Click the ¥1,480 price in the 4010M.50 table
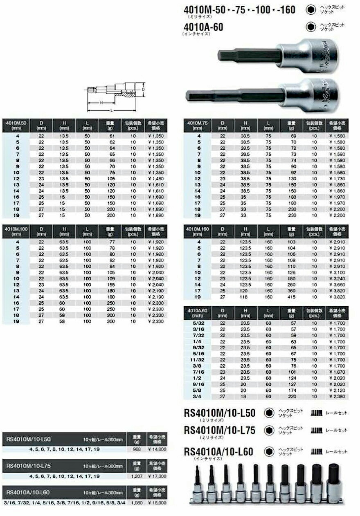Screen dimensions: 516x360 pos(155,178)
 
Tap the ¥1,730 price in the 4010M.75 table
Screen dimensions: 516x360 pos(337,178)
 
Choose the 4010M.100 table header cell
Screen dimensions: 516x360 pos(15,231)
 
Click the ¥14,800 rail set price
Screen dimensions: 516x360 pos(155,449)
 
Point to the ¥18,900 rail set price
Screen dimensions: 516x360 pos(155,503)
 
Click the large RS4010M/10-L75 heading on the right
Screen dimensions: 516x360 pos(219,430)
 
